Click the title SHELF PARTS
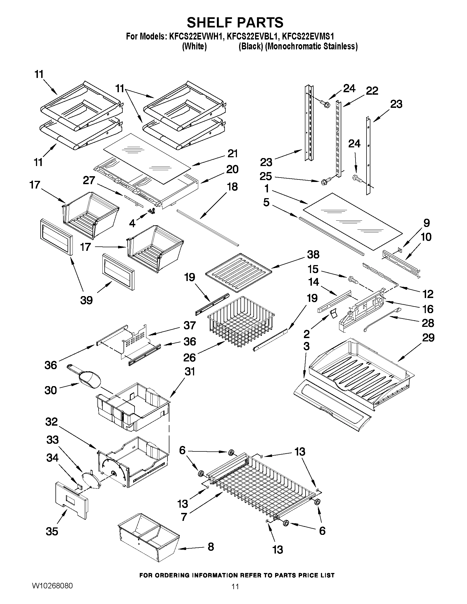[235, 23]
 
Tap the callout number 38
[313, 254]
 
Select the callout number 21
[232, 154]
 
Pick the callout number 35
[52, 531]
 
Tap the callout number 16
[428, 309]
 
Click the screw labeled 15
[353, 280]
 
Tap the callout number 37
[189, 325]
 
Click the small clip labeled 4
[152, 211]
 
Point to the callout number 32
[51, 422]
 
